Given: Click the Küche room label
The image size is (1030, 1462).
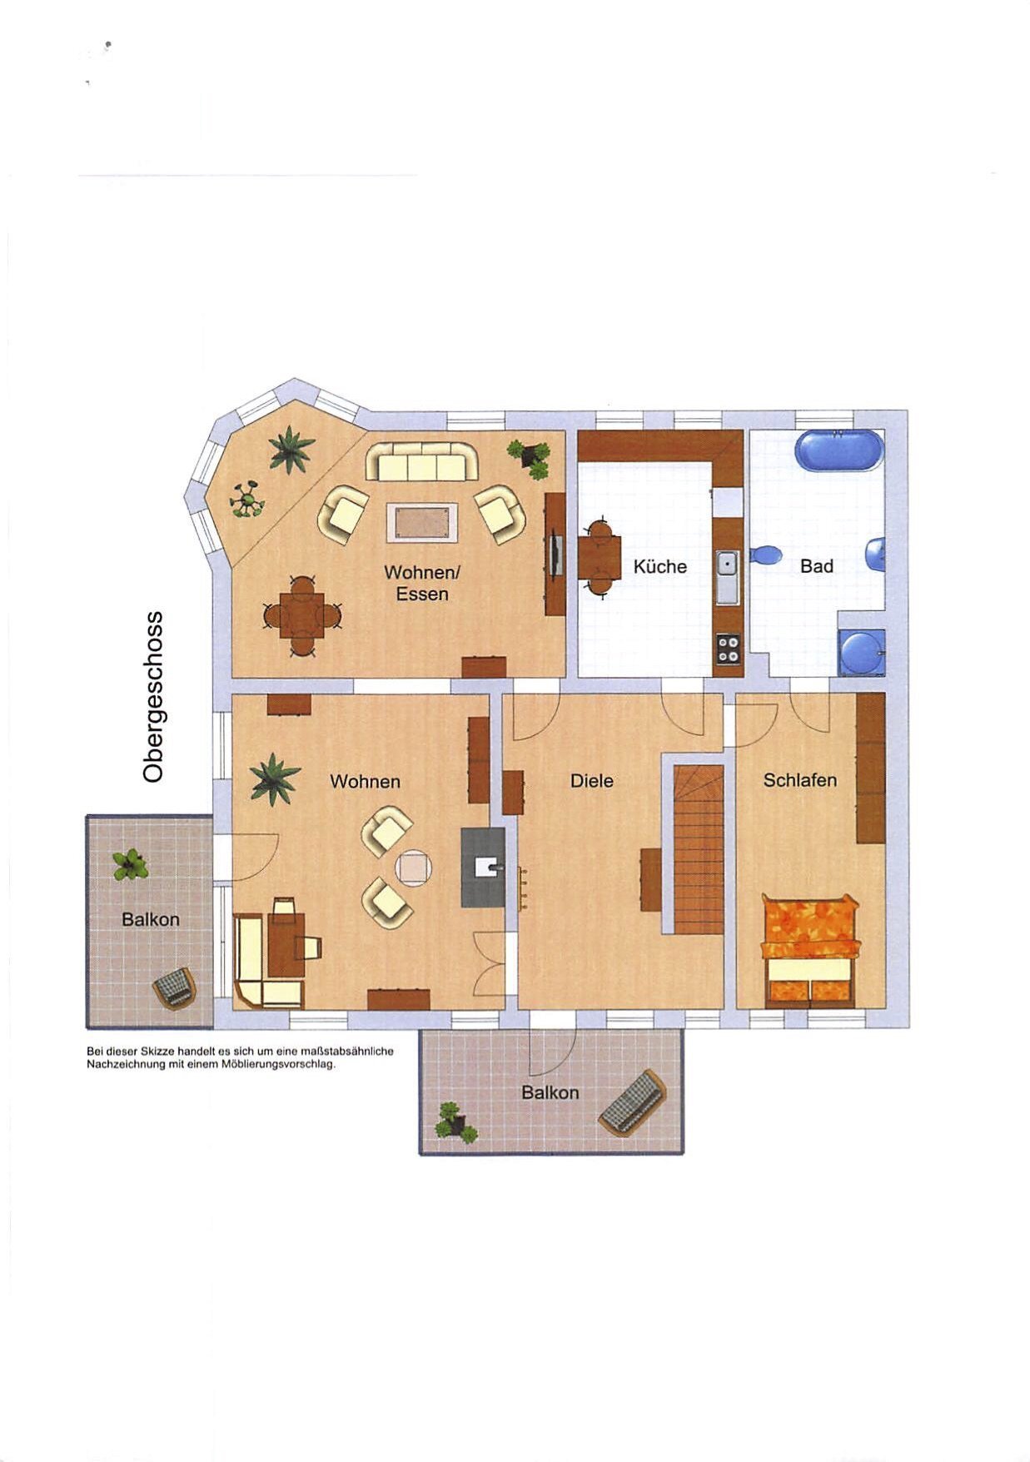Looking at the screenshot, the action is [659, 567].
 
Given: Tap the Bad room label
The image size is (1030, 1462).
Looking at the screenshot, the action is [816, 566].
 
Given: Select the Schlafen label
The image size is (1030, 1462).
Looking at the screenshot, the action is [799, 780].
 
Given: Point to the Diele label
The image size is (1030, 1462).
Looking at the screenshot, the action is [591, 781].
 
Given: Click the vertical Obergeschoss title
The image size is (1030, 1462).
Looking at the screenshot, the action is [153, 697].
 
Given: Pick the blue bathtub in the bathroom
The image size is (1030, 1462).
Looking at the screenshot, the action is [839, 451].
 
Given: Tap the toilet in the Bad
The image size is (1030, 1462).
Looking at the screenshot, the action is [766, 555].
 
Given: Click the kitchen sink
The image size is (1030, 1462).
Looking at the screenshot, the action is [727, 577].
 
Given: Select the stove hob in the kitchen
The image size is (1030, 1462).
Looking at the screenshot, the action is [728, 649].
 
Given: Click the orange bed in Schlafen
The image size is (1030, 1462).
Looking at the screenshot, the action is [809, 952].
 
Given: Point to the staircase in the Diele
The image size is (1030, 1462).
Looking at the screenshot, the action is [698, 849].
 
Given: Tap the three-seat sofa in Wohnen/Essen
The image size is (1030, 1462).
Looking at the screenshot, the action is [422, 462].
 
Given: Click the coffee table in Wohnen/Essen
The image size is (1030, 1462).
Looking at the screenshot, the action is [422, 522].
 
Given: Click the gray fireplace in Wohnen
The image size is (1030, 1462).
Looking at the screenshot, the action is [483, 868].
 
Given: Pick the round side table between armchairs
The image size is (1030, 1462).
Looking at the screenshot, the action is [414, 868].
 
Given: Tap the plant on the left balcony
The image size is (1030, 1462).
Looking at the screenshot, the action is [131, 864].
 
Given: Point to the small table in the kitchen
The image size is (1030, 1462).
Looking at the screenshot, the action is [600, 558].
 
